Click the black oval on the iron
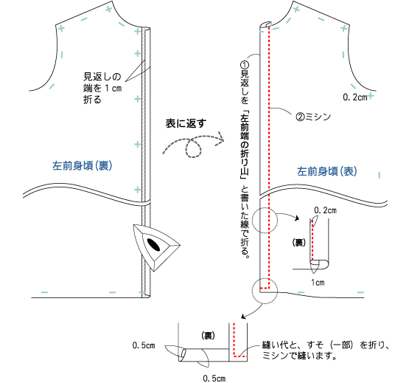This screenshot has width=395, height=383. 153,244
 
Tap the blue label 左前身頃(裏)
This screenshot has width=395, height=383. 82,166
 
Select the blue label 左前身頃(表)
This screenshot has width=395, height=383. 327,171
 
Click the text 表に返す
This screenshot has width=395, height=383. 186,123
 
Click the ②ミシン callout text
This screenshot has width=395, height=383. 313,117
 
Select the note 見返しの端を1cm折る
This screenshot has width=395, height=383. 102,88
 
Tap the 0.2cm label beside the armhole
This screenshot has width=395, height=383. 355,97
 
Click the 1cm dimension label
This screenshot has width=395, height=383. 318,283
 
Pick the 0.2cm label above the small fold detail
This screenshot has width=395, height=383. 325,210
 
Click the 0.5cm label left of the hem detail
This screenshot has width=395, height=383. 144,345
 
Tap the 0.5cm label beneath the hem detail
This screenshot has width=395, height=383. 214,379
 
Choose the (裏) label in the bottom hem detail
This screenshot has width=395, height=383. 208,336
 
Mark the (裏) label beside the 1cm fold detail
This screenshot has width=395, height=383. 298,243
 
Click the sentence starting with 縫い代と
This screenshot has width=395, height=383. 326,351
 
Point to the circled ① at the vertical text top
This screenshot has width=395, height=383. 245,65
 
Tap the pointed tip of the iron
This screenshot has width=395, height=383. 180,245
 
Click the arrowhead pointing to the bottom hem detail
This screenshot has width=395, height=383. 243,317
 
